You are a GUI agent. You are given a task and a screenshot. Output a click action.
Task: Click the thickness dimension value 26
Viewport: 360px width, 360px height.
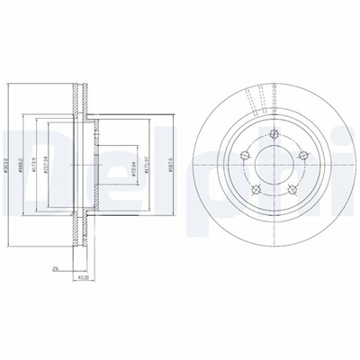(x=55, y=267)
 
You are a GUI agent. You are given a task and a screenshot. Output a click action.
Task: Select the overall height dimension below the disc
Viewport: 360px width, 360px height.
(x=83, y=278)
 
